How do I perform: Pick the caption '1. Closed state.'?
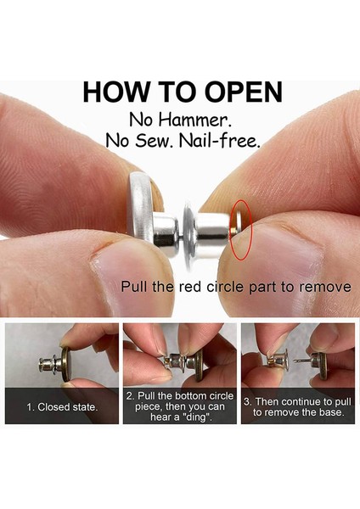pos(61,407)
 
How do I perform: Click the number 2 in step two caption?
pos(130,395)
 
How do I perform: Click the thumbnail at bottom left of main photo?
pos(62,373)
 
